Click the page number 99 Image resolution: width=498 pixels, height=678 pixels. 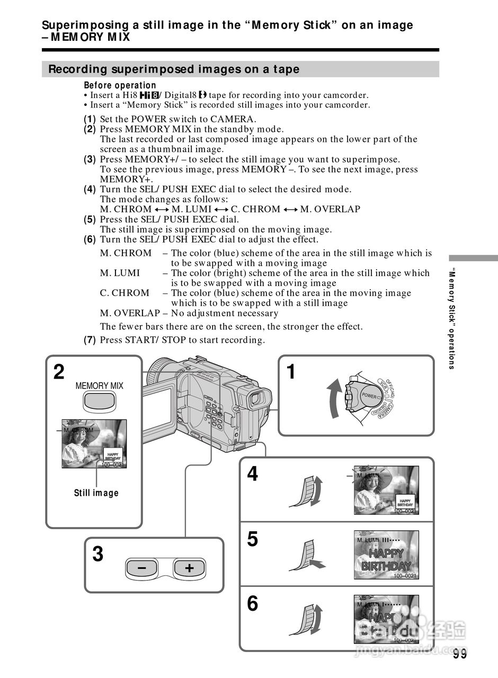click(x=460, y=654)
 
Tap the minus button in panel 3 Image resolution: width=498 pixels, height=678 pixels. click(x=141, y=568)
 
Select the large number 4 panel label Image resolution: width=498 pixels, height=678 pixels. click(x=253, y=474)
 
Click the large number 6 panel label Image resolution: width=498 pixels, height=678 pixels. click(x=253, y=603)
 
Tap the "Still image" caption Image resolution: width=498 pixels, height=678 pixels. click(x=96, y=493)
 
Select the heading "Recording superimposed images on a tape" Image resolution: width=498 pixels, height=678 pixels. click(x=174, y=69)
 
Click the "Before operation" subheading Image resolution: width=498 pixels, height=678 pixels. click(x=120, y=85)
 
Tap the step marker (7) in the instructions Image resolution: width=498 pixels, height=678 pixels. click(x=90, y=340)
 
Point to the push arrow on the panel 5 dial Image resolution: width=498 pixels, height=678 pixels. click(x=317, y=563)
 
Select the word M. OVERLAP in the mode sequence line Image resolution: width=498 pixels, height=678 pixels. click(x=330, y=209)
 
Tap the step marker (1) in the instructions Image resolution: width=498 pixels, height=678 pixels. click(x=90, y=119)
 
